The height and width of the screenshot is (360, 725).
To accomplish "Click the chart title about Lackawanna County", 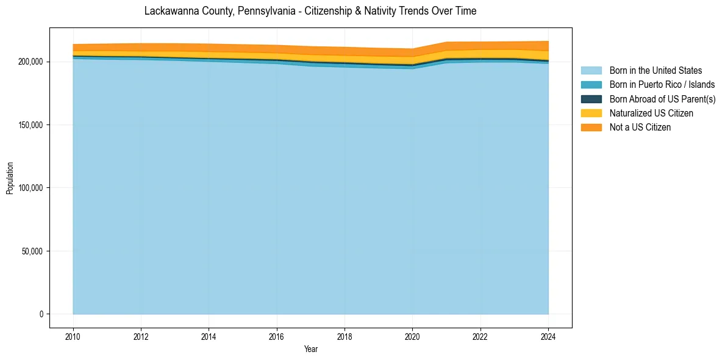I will pyautogui.click(x=310, y=11).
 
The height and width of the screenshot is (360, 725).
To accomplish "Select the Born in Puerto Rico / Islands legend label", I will pyautogui.click(x=662, y=85).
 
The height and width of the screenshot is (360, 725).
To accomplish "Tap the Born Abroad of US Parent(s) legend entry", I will pyautogui.click(x=662, y=99).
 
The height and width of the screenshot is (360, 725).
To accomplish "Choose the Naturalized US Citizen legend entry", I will pyautogui.click(x=651, y=113).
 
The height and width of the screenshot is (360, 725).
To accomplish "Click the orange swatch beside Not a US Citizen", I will pyautogui.click(x=591, y=128).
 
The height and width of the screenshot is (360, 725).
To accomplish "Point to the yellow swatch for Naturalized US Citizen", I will pyautogui.click(x=591, y=113).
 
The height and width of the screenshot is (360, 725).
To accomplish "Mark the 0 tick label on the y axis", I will pyautogui.click(x=42, y=314).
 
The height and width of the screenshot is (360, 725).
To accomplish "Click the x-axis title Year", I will pyautogui.click(x=310, y=349).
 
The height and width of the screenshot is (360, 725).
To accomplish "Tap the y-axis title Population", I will pyautogui.click(x=10, y=178).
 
